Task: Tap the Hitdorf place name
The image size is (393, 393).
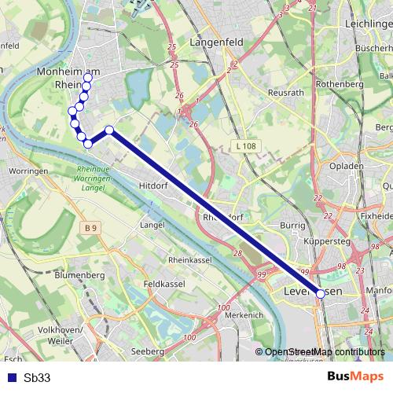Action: (154, 185)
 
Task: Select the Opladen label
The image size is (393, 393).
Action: (347, 167)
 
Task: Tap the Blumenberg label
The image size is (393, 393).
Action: (80, 275)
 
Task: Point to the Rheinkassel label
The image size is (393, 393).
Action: (190, 259)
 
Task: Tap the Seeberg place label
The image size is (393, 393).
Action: (148, 351)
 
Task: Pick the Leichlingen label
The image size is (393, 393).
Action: (369, 25)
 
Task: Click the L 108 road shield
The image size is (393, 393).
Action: (246, 146)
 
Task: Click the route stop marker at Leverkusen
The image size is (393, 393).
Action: (321, 294)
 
